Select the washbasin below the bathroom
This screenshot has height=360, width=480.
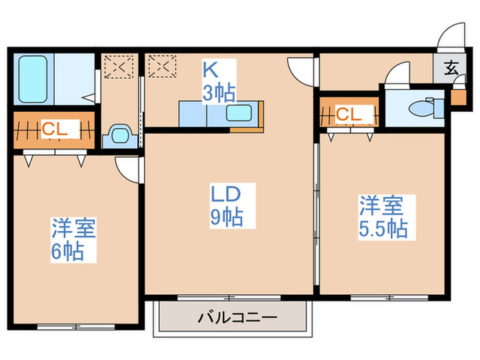click(x=119, y=134)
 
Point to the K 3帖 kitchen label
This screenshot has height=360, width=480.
click(x=218, y=81)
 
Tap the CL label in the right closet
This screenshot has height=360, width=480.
click(x=348, y=115)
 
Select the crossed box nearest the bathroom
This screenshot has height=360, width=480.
click(x=116, y=68)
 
